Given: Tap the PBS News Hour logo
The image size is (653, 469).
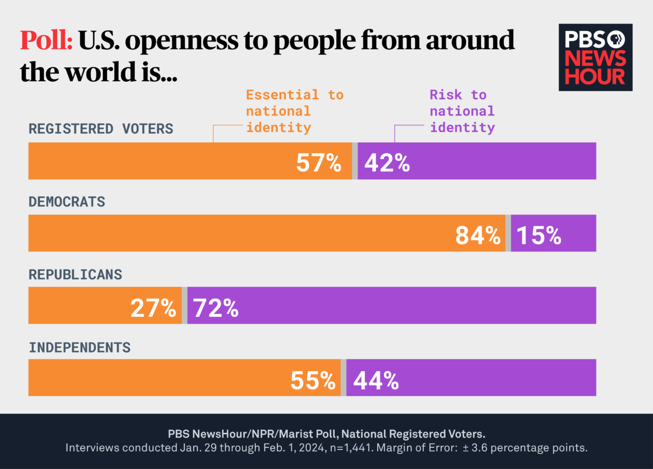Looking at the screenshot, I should pyautogui.click(x=595, y=57).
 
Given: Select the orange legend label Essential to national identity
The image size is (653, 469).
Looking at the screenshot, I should pyautogui.click(x=294, y=111).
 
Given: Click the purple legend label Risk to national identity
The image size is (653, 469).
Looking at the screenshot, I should pyautogui.click(x=462, y=111).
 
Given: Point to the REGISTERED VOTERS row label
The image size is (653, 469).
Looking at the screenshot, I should pyautogui.click(x=101, y=129).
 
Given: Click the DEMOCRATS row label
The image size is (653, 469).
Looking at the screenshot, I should pyautogui.click(x=66, y=202).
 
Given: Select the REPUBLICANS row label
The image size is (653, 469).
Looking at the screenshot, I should pyautogui.click(x=75, y=275).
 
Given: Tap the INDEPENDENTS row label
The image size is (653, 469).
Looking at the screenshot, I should pyautogui.click(x=79, y=347).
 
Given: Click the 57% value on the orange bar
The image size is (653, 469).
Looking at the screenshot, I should pyautogui.click(x=318, y=162).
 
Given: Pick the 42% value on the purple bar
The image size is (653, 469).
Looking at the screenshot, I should pyautogui.click(x=387, y=162).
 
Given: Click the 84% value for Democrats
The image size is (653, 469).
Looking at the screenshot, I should pyautogui.click(x=477, y=235).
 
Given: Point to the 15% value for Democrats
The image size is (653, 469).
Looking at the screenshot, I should pyautogui.click(x=538, y=235).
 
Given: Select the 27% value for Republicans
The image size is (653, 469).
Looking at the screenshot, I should pyautogui.click(x=153, y=308).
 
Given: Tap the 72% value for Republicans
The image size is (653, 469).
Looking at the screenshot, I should pyautogui.click(x=216, y=308).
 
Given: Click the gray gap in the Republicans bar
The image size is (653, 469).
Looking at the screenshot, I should pyautogui.click(x=184, y=305).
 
